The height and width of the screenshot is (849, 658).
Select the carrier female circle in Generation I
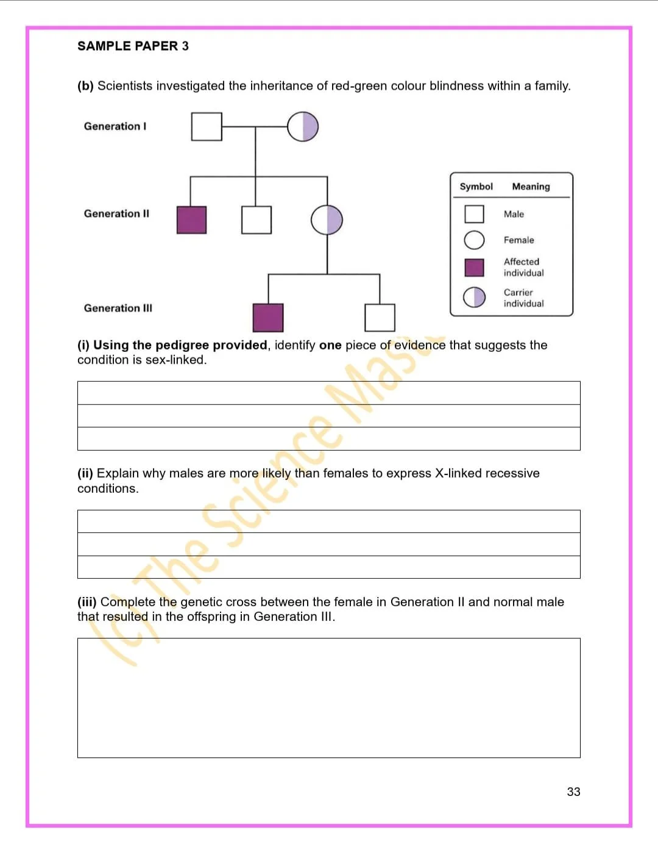(x=303, y=127)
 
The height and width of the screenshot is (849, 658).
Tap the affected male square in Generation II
(x=192, y=220)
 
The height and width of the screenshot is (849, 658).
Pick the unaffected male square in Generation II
(x=256, y=220)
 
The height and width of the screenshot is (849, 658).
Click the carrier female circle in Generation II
(x=327, y=220)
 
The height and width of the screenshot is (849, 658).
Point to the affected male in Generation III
(x=268, y=318)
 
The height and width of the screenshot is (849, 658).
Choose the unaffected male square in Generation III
(x=380, y=318)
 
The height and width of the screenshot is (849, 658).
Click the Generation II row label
(x=116, y=213)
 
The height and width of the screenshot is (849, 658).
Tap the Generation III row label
(x=118, y=308)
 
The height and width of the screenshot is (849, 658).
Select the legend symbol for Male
(x=474, y=214)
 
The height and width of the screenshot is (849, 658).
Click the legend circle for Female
(x=474, y=240)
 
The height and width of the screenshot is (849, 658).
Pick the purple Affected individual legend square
(x=474, y=268)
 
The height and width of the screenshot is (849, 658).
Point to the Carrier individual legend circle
(x=474, y=297)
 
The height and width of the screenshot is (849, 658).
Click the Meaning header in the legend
(x=531, y=187)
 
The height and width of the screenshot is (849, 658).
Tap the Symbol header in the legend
(x=476, y=187)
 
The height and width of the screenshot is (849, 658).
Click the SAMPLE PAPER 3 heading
(x=133, y=46)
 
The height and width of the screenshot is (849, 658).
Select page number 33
(x=573, y=792)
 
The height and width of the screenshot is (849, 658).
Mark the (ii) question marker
(x=85, y=473)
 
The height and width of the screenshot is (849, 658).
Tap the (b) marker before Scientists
(x=85, y=86)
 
